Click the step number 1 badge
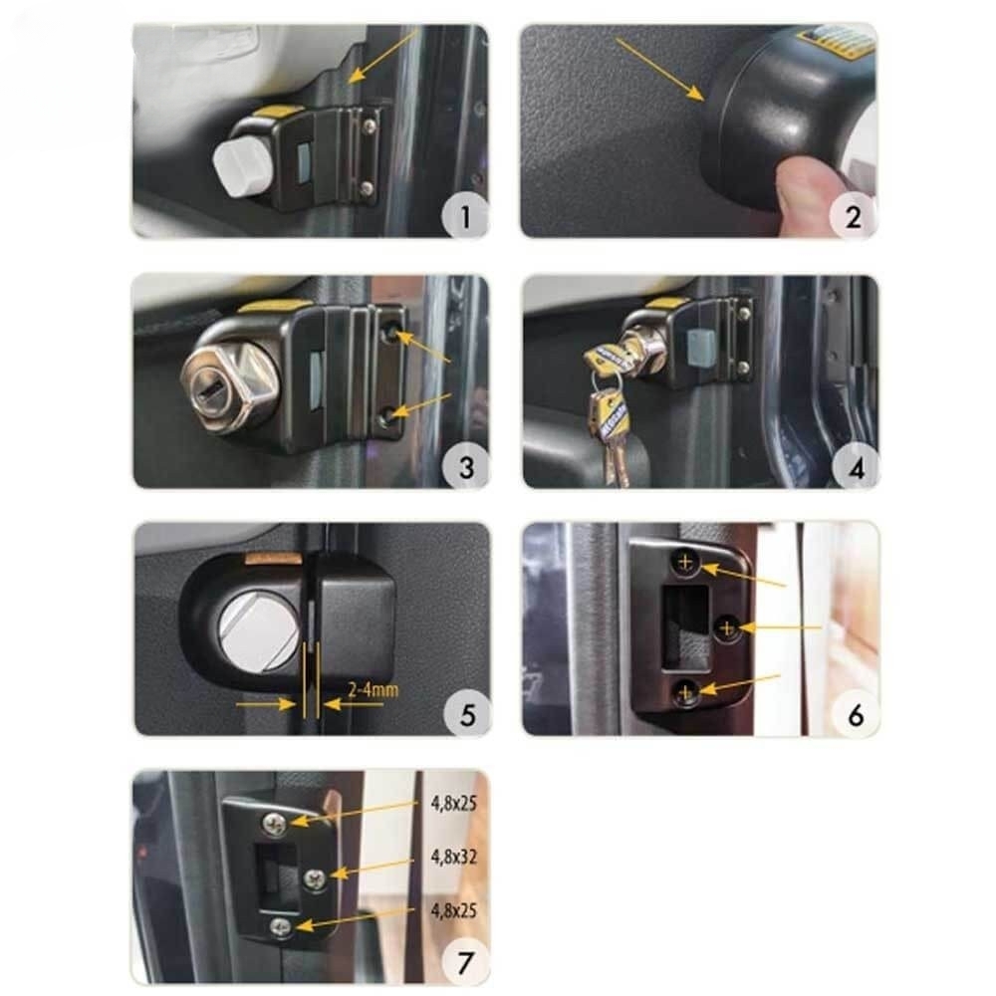pyautogui.click(x=465, y=215)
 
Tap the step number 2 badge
pyautogui.click(x=854, y=216)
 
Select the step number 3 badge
pyautogui.click(x=466, y=466)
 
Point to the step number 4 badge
pyautogui.click(x=856, y=467)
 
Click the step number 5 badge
pyautogui.click(x=467, y=714)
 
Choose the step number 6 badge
pyautogui.click(x=856, y=714)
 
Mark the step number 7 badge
pyautogui.click(x=465, y=962)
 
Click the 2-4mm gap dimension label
pyautogui.click(x=373, y=689)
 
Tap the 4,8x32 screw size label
pyautogui.click(x=453, y=857)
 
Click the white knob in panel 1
pyautogui.click(x=239, y=164)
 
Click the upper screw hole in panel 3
pyautogui.click(x=390, y=332)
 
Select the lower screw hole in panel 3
pyautogui.click(x=387, y=417)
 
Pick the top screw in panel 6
pyautogui.click(x=685, y=562)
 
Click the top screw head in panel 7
pyautogui.click(x=275, y=824)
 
